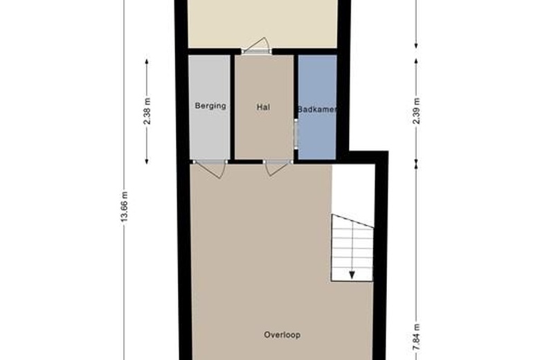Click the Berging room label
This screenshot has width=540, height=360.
click(210, 106)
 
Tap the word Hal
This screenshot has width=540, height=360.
click(262, 107)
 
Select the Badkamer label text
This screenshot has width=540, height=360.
click(316, 109)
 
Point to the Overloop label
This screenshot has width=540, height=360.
click(282, 335)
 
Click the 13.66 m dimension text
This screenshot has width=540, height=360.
click(125, 206)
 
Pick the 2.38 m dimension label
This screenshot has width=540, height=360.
click(147, 111)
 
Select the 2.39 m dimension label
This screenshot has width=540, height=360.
click(416, 111)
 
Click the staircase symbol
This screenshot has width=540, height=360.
click(352, 248)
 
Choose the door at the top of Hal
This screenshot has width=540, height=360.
click(257, 46)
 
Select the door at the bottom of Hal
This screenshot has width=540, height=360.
click(276, 167)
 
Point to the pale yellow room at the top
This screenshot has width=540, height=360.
click(262, 24)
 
